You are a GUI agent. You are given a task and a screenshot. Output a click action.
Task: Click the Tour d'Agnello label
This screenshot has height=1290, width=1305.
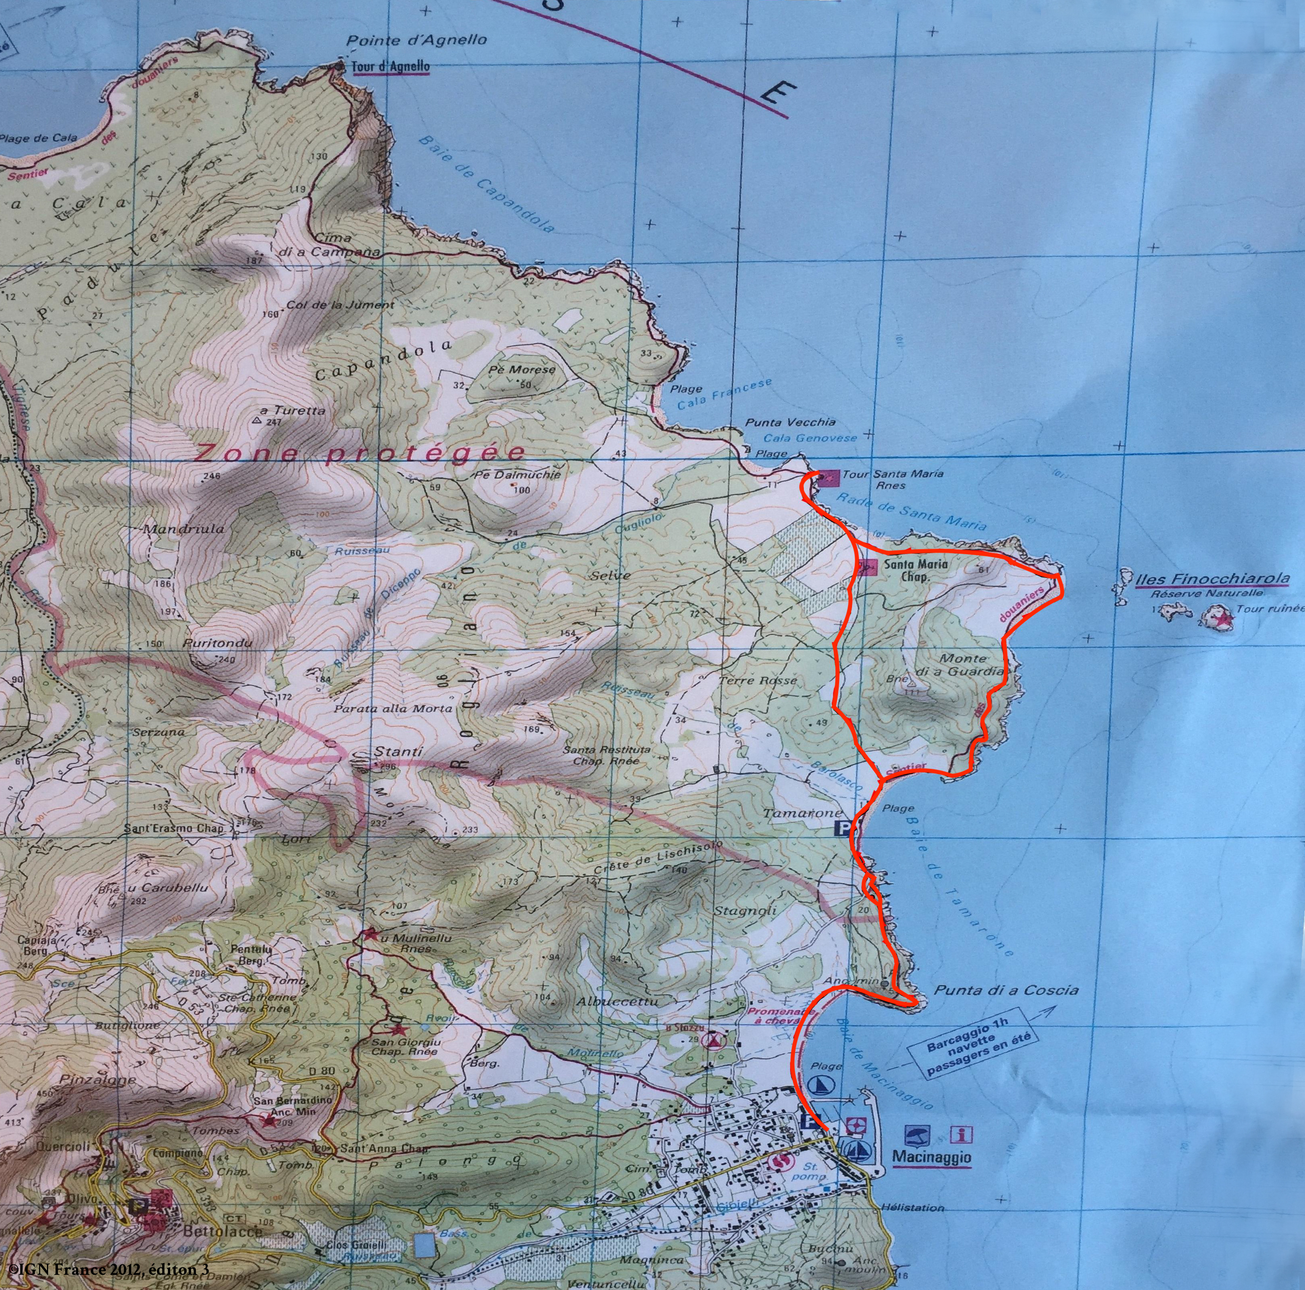[x=390, y=67]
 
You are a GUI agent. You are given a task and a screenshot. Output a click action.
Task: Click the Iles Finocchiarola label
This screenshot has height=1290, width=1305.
[x=1212, y=579]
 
